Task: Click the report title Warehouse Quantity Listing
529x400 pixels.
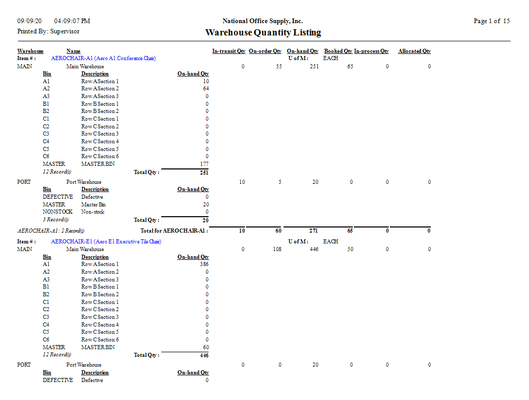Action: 263,32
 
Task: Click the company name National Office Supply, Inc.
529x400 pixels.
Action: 262,21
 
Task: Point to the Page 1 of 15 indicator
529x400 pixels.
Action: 492,21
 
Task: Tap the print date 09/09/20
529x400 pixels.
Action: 29,21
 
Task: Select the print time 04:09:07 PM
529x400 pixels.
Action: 72,21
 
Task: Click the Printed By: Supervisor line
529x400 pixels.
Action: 48,31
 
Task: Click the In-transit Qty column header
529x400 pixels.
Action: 229,51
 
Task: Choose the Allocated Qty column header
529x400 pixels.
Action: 414,51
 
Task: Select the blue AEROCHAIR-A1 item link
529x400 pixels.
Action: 103,59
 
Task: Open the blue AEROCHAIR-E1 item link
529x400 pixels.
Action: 106,242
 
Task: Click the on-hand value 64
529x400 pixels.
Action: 206,89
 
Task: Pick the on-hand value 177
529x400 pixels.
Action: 204,164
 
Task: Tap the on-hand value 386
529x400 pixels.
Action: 204,264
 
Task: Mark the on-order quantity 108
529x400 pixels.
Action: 276,250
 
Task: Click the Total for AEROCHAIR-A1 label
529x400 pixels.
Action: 174,231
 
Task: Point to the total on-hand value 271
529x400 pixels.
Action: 314,231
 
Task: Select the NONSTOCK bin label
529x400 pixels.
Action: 58,212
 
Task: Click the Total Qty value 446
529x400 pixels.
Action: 204,355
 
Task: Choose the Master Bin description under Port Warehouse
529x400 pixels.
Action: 93,204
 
